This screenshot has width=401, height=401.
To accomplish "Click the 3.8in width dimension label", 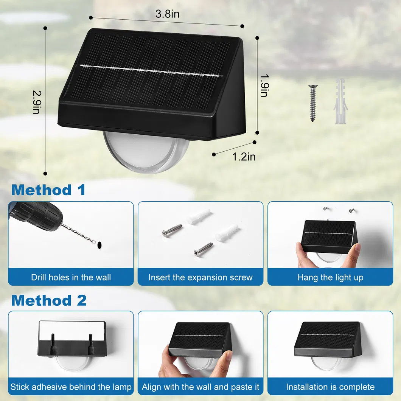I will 167,14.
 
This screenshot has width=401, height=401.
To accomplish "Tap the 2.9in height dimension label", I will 36,102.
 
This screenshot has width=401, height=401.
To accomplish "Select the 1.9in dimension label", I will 264,84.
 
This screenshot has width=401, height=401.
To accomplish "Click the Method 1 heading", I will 48,190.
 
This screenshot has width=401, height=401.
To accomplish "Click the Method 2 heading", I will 49,300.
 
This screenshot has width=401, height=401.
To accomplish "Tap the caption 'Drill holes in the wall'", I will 71,277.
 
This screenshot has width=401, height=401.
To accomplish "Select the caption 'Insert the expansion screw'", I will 200,277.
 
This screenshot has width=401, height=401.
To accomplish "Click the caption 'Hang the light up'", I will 330,277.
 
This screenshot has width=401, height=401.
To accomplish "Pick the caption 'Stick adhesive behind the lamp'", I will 71,387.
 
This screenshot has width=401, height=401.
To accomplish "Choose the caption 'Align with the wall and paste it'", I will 200,387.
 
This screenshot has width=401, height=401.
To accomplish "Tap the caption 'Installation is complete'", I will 330,387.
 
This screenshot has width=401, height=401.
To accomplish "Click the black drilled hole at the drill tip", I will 99,245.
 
